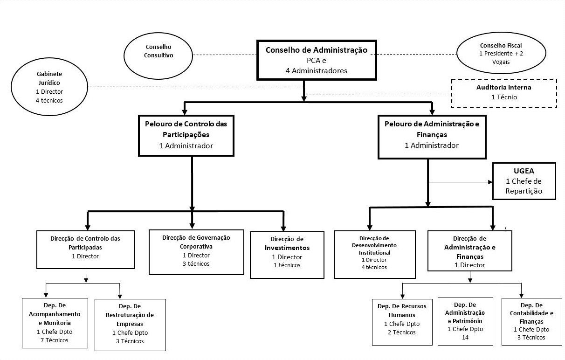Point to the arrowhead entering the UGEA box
490,182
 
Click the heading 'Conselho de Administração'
317,50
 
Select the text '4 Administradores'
317,70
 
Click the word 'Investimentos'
287,248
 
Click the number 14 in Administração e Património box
465,337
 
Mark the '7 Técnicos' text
55,340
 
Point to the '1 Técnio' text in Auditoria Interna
504,97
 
